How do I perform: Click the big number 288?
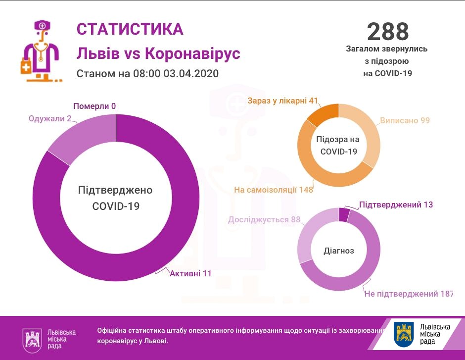[388, 31]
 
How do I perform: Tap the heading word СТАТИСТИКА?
[130, 29]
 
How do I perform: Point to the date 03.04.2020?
[190, 73]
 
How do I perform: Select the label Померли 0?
[94, 106]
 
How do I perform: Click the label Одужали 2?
[50, 118]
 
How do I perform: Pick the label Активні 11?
[190, 273]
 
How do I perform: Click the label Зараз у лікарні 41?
[282, 101]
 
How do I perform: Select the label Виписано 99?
[405, 120]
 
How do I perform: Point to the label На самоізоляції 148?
[274, 190]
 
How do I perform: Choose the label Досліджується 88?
[264, 219]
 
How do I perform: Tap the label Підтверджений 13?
[396, 205]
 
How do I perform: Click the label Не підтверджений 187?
[408, 294]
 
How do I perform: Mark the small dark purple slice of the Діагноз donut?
[344, 214]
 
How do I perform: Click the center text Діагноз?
[339, 251]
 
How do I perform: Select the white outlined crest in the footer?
[32, 340]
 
